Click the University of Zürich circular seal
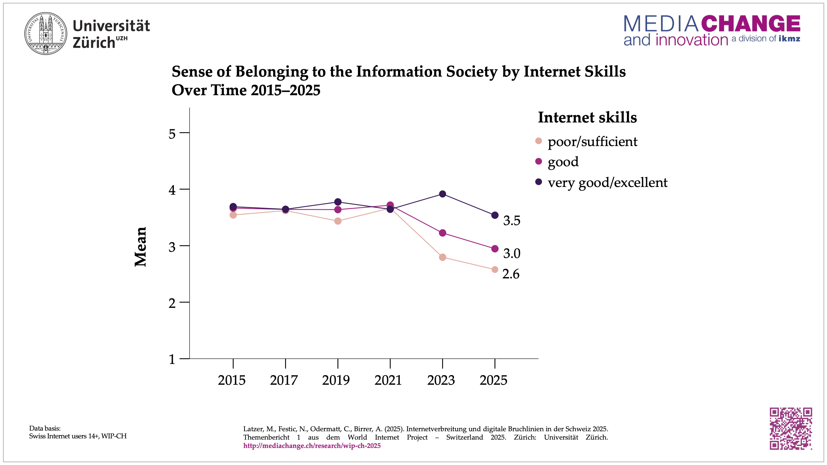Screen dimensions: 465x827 [x=46, y=33]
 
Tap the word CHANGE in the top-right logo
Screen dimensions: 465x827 [x=750, y=24]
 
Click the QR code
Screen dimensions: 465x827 [x=790, y=428]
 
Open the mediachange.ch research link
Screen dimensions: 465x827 [x=312, y=446]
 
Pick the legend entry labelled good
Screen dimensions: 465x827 [x=563, y=162]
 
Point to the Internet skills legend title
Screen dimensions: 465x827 [x=587, y=117]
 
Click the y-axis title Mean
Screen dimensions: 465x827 [x=141, y=246]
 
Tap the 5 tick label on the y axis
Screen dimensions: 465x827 [x=172, y=134]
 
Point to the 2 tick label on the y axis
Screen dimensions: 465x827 [x=172, y=303]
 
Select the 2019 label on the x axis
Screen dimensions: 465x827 [x=336, y=380]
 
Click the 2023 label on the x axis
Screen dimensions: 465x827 [x=441, y=380]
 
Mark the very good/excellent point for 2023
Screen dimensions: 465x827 [x=442, y=194]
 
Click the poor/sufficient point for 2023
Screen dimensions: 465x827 [x=442, y=257]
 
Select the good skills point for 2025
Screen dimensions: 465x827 [x=495, y=249]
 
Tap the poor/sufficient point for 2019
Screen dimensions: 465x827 [x=338, y=221]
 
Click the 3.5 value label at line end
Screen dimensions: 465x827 [x=512, y=221]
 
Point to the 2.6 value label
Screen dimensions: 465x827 [x=511, y=274]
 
